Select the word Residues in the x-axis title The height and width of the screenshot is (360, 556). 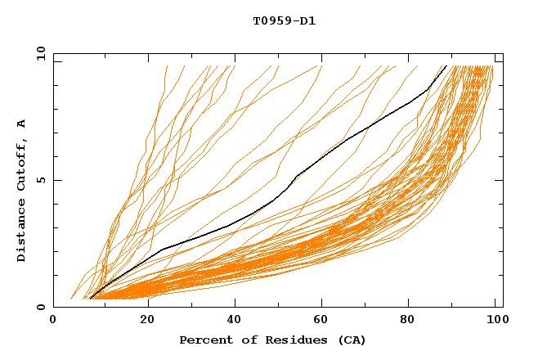[x=289, y=340]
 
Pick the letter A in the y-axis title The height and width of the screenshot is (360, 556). [x=22, y=124]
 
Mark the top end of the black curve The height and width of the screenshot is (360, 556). [x=446, y=65]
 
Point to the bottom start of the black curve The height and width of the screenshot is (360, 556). [x=90, y=299]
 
